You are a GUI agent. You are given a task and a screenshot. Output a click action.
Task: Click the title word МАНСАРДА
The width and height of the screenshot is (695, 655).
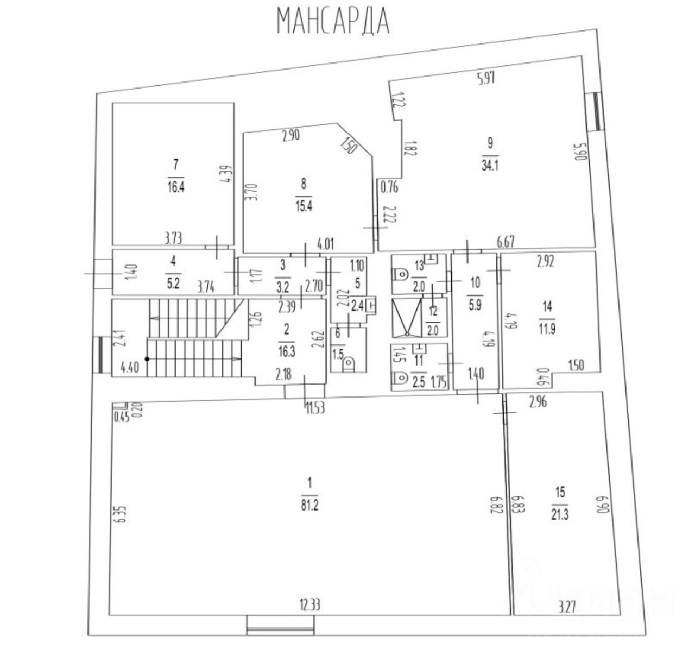(x=333, y=21)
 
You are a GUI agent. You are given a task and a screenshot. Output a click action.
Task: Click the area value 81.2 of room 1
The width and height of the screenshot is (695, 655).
(x=309, y=506)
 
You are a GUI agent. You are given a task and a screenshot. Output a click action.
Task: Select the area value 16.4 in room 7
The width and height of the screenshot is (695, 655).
(x=176, y=187)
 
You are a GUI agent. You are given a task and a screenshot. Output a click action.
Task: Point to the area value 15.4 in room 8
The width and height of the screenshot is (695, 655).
(x=304, y=206)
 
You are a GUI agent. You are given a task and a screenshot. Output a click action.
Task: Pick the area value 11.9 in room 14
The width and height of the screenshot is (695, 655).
(x=547, y=329)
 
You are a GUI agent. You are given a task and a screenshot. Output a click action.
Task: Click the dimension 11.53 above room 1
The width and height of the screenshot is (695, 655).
(x=315, y=408)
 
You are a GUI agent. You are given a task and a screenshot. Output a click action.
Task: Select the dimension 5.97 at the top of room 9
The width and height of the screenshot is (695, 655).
(x=486, y=78)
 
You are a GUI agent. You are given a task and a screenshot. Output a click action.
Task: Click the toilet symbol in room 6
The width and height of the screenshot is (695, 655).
(x=349, y=364)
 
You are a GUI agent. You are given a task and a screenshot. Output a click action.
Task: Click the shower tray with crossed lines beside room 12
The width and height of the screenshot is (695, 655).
(x=407, y=318)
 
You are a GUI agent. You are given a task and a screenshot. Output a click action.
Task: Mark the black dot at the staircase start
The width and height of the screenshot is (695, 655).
(x=147, y=359)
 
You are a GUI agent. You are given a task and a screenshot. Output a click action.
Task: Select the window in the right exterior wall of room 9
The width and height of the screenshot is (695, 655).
(x=596, y=112)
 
